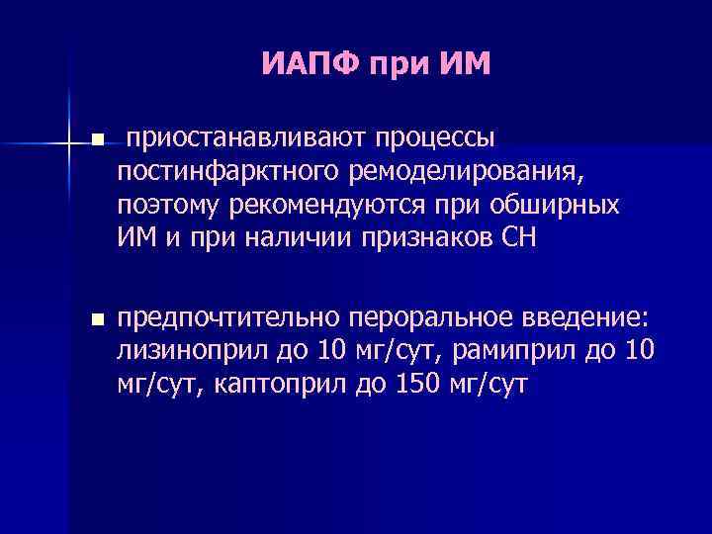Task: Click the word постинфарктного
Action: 228,174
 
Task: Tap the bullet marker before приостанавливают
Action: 96,142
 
